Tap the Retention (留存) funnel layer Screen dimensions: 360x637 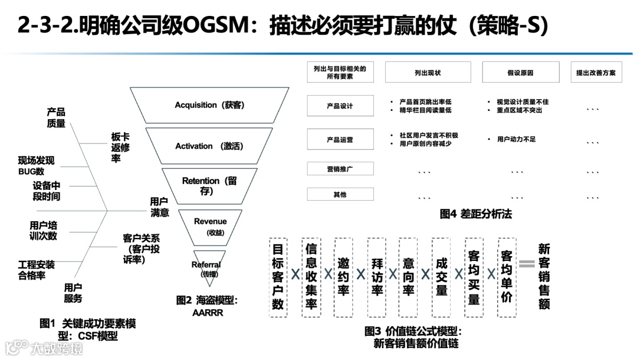209,185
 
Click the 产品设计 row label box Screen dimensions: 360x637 340,106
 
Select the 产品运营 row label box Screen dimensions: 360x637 340,140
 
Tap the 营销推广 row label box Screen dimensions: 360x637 340,169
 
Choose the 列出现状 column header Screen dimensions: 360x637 428,73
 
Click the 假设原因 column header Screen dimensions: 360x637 520,73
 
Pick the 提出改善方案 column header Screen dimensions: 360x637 596,73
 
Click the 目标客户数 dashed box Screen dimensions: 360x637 278,277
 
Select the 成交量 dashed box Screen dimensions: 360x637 441,277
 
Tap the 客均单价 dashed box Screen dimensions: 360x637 506,277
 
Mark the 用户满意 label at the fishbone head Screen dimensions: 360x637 159,207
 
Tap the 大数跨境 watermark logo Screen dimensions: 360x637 44,348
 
